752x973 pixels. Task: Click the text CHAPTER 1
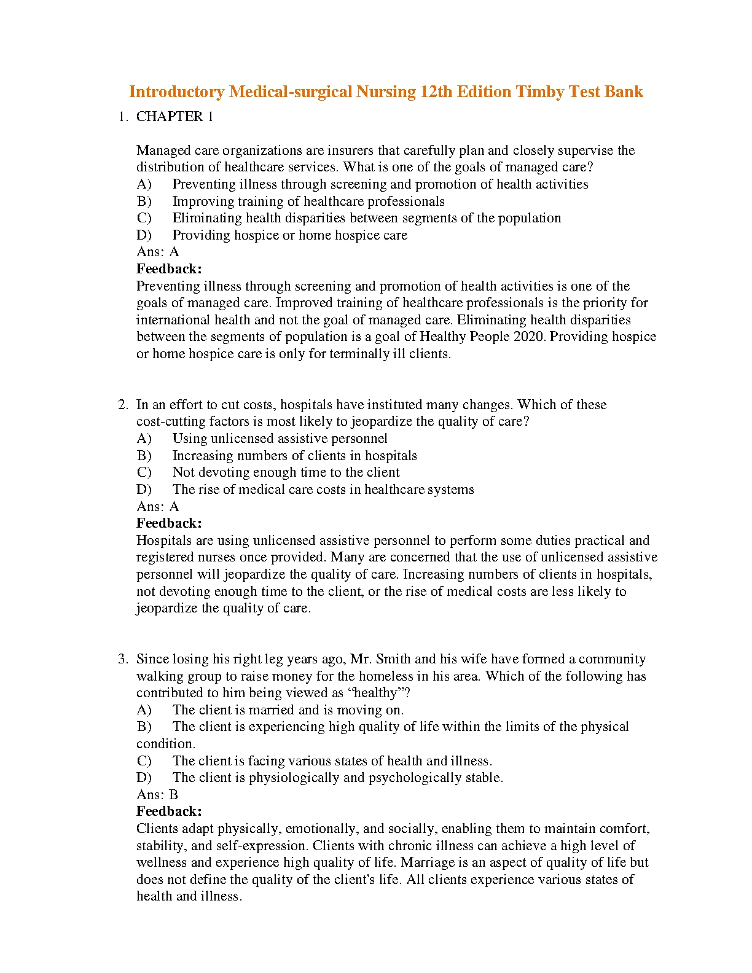174,117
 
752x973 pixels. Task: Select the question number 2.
123,405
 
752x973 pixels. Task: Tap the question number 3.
123,659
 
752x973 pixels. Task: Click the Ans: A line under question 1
157,252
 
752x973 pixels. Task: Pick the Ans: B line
157,795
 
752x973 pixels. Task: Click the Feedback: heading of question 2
169,523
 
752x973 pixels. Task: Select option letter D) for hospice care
144,235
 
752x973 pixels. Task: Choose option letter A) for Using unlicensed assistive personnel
144,439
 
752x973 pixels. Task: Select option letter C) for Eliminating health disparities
144,218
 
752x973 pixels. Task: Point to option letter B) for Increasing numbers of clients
144,456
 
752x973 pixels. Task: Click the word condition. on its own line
166,744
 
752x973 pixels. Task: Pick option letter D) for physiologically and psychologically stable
144,778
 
